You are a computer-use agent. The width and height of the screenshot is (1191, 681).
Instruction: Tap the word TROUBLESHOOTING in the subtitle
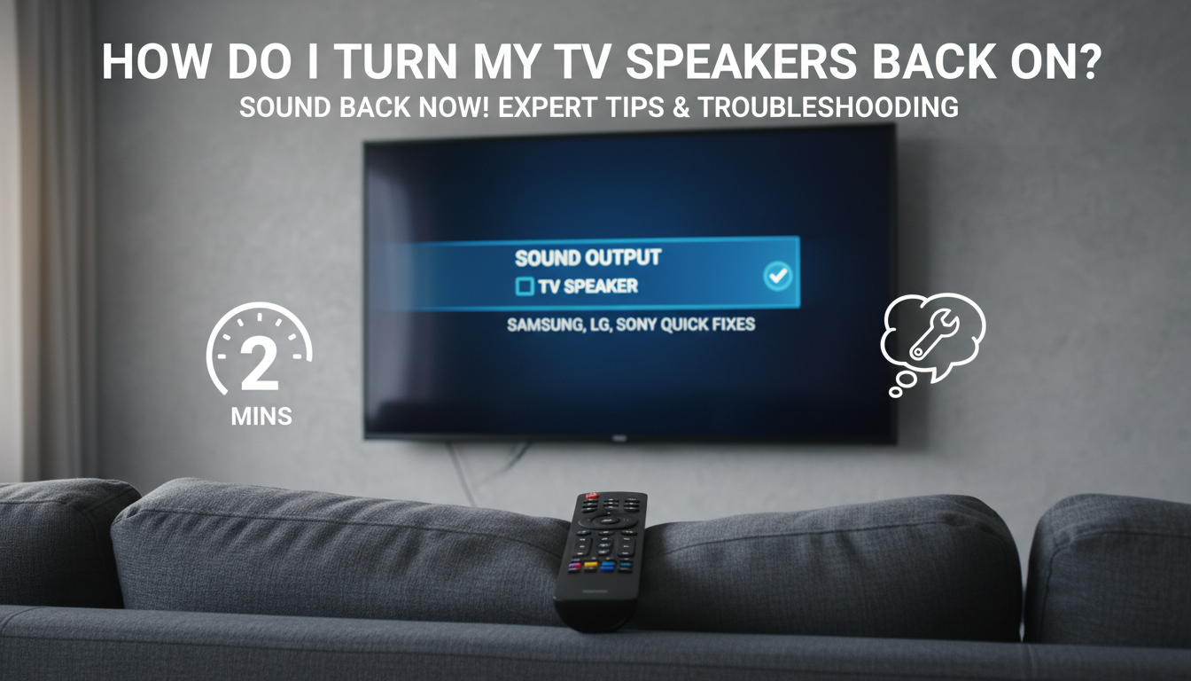[x=828, y=108]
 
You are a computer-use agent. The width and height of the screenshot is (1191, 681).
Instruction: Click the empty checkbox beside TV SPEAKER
[x=525, y=286]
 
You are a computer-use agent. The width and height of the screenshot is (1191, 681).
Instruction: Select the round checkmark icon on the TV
[x=777, y=277]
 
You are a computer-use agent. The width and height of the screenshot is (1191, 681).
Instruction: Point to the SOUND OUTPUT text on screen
[x=588, y=258]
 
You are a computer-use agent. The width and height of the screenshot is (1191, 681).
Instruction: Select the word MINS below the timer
[x=261, y=416]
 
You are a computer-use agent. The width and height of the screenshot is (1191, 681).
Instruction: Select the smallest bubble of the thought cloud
[x=895, y=392]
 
